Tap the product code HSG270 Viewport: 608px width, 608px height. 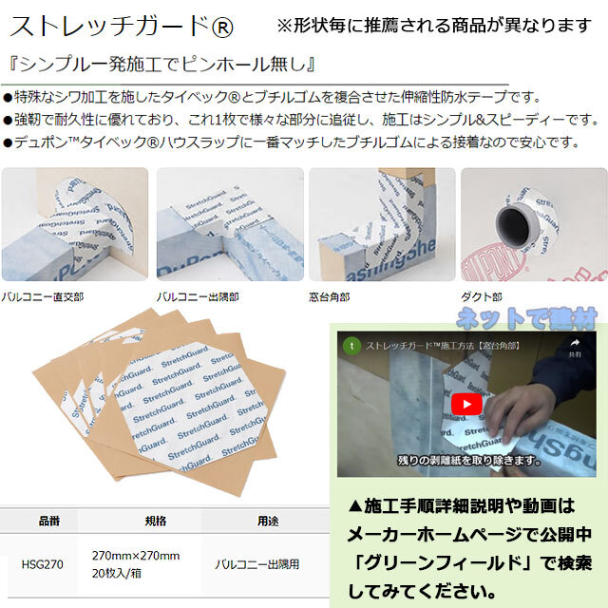(42, 562)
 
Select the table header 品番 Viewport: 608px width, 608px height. (49, 522)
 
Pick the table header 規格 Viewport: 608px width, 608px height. (156, 522)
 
